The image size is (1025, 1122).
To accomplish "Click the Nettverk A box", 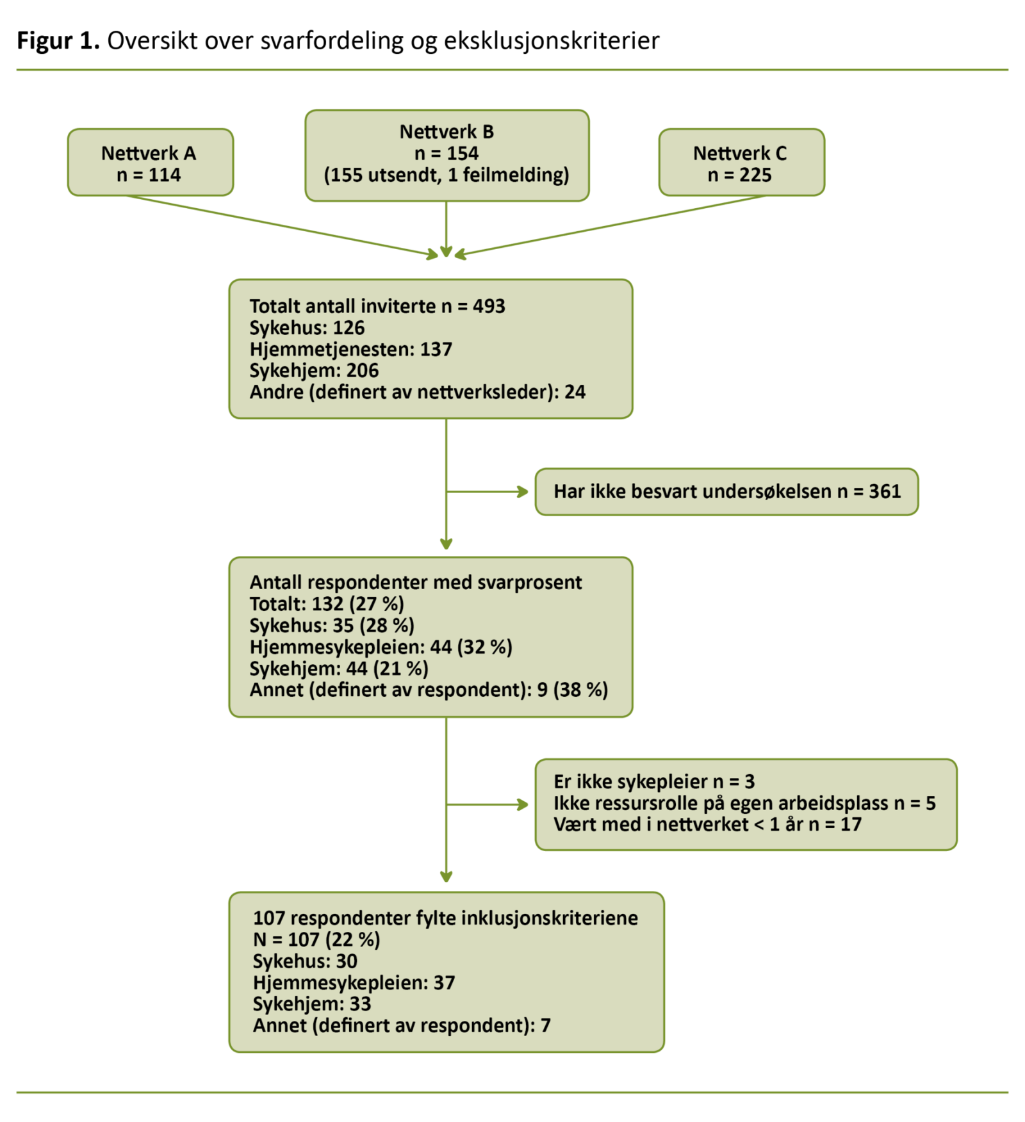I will (x=151, y=163).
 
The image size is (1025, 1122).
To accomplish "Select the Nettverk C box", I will (x=741, y=163).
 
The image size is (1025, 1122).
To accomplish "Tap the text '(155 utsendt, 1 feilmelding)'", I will (x=447, y=175).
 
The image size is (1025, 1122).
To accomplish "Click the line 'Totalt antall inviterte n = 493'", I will (x=377, y=306).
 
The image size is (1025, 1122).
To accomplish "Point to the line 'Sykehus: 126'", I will (x=307, y=328).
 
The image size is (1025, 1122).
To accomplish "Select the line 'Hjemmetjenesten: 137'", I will (x=350, y=349).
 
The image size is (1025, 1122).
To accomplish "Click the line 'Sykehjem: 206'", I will (x=314, y=371).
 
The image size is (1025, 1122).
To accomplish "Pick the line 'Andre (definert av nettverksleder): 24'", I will (x=417, y=392).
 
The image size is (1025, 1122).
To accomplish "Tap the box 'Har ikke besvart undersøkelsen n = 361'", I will (x=726, y=491).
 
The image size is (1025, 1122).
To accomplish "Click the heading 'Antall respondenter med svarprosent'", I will (x=416, y=582).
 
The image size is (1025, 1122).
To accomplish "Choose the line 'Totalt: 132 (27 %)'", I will (x=327, y=604).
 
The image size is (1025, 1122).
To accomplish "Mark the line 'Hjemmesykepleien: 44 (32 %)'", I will (x=381, y=647).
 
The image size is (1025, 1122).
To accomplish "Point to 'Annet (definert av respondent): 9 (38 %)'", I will (x=429, y=690).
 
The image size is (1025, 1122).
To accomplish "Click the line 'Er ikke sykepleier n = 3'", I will (x=654, y=781).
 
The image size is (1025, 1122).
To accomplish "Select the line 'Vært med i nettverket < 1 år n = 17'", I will (x=707, y=824).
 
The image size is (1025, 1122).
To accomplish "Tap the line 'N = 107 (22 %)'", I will (x=316, y=939).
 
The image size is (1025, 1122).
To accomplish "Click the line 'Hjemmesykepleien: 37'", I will (x=354, y=982).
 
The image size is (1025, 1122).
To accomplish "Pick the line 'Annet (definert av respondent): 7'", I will (x=402, y=1025).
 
